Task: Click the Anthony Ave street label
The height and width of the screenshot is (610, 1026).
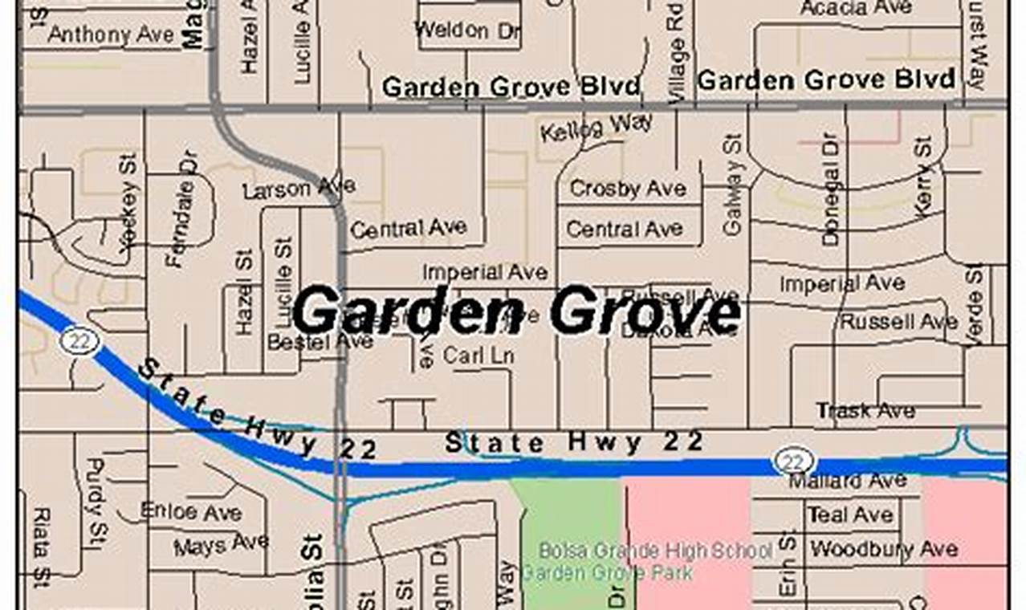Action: click(111, 35)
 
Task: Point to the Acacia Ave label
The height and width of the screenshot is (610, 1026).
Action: click(856, 8)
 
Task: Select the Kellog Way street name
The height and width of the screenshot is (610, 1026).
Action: click(596, 128)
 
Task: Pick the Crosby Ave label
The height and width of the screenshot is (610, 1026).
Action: click(628, 189)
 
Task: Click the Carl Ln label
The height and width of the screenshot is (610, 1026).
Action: click(478, 355)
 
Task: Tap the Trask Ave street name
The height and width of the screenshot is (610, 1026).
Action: click(865, 411)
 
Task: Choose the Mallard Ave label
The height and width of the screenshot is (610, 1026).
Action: click(848, 481)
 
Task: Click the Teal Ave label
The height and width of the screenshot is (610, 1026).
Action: click(849, 514)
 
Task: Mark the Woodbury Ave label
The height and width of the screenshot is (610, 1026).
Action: click(883, 550)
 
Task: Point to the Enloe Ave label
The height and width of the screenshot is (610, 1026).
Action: click(191, 511)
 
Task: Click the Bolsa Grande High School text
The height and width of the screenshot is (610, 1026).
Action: click(655, 551)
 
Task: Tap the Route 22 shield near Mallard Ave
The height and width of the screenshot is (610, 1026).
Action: click(794, 461)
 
